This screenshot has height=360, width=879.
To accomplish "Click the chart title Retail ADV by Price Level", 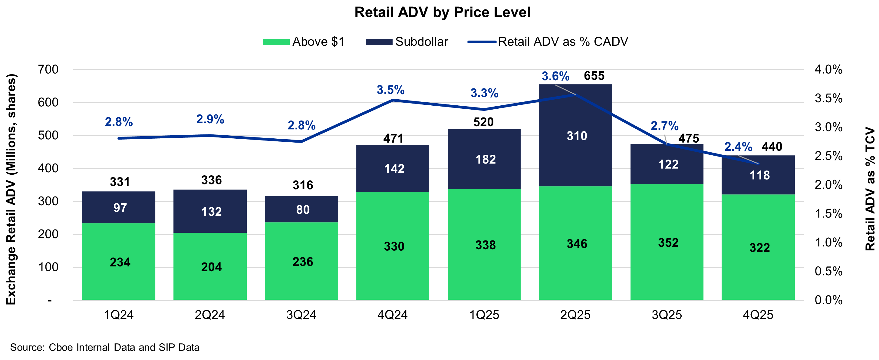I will [442, 12].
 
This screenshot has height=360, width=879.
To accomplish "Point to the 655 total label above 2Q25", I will [594, 76].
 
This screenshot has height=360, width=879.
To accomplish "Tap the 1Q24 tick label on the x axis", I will [118, 315].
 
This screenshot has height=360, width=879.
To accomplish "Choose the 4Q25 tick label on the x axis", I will [758, 315].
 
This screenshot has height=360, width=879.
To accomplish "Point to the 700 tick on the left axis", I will [48, 70].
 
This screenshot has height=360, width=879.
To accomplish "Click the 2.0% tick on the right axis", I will [828, 185].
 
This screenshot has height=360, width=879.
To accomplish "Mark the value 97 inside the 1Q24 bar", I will [120, 208].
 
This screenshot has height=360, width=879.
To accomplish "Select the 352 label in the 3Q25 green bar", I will [668, 243].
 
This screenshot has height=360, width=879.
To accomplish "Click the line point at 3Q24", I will [301, 141].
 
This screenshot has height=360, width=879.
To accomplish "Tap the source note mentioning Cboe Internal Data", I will [105, 347].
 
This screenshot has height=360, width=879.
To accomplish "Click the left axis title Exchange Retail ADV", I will [11, 189].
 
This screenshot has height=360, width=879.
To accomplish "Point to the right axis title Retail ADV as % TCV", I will [870, 189].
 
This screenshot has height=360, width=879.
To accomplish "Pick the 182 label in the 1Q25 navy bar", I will [485, 160].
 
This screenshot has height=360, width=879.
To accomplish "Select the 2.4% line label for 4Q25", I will [738, 147].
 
